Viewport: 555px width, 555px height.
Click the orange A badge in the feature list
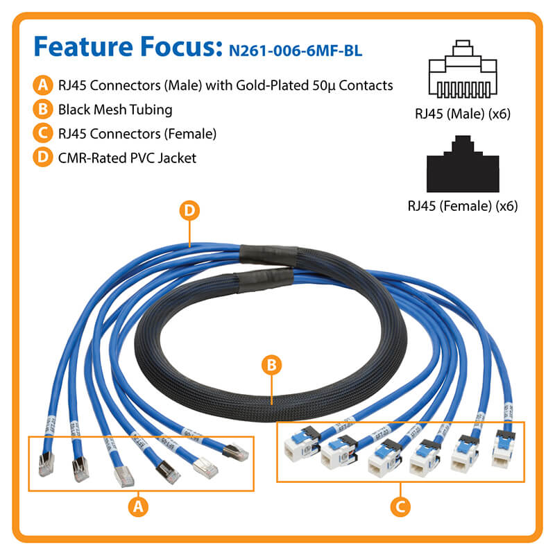click(x=42, y=85)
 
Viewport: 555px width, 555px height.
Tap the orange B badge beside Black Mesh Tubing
click(x=42, y=110)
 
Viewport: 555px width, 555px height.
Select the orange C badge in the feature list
click(x=42, y=134)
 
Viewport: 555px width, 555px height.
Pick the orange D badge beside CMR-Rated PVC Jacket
click(x=42, y=158)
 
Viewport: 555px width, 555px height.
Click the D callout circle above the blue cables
click(x=189, y=211)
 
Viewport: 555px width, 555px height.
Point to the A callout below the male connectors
click(x=139, y=506)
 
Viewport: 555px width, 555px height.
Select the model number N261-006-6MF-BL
click(x=293, y=50)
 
